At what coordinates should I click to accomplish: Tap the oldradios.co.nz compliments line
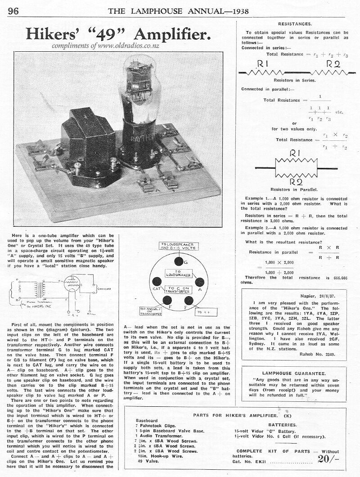[106, 45]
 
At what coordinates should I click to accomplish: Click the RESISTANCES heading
[295, 23]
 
